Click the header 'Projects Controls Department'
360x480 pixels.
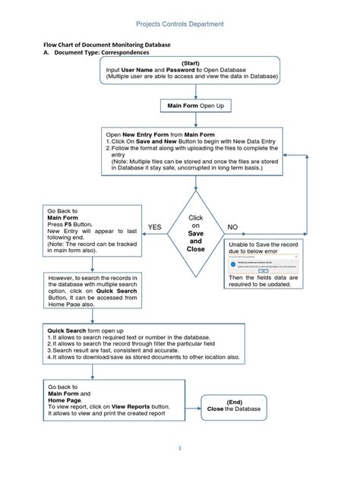coord(179,24)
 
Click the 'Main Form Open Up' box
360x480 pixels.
coord(195,106)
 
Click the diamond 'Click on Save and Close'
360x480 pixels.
coord(195,233)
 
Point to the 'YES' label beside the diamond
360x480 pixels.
coord(155,227)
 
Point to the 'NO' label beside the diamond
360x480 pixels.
coord(232,227)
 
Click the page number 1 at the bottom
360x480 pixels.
coord(180,448)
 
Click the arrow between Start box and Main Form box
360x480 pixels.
coord(195,91)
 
